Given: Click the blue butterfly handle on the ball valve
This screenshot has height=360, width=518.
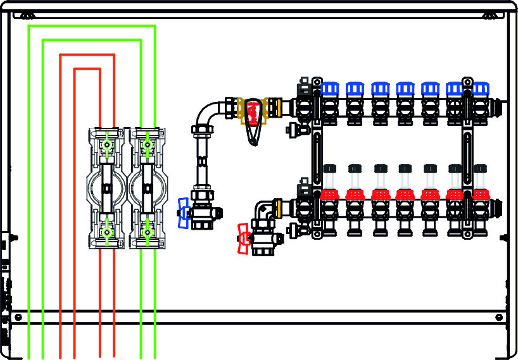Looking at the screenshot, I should pyautogui.click(x=183, y=213).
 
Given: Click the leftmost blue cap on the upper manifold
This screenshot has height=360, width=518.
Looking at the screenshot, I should pyautogui.click(x=329, y=89).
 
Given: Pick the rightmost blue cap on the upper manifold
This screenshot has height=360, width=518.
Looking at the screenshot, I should pyautogui.click(x=481, y=89).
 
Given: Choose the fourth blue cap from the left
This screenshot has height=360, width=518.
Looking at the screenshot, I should pyautogui.click(x=405, y=89).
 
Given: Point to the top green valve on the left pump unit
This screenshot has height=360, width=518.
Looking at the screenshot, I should pyautogui.click(x=106, y=145).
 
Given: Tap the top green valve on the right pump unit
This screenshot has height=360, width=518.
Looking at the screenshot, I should pyautogui.click(x=148, y=145).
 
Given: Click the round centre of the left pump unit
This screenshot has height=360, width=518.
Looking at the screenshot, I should pyautogui.click(x=106, y=188).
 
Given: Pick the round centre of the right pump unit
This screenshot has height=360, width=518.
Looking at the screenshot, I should pyautogui.click(x=148, y=188).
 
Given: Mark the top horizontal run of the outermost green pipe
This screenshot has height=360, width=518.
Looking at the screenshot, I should pyautogui.click(x=92, y=26).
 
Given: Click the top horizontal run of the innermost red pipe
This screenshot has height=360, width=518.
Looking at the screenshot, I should pyautogui.click(x=87, y=68).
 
